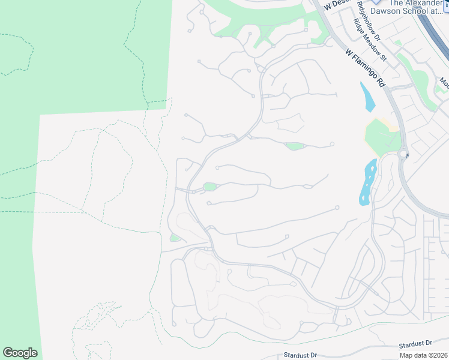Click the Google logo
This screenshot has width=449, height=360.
20,353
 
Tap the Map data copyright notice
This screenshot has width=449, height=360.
424,355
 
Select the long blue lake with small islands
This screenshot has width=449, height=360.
367,181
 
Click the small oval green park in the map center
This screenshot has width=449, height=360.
209,187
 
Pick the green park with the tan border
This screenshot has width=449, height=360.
381,136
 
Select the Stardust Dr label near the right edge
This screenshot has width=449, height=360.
416,344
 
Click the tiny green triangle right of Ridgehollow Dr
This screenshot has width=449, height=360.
397,43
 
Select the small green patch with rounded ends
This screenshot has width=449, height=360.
294,146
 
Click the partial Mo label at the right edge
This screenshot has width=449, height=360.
444,82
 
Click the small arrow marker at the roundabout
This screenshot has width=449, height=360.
408,155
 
